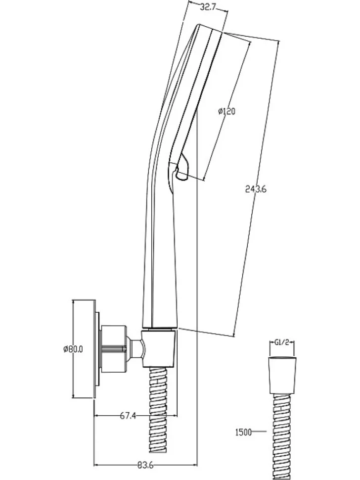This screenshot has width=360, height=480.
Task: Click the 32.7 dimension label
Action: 208,7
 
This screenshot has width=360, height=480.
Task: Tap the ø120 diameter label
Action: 226,111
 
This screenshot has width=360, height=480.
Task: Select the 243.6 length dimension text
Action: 256,189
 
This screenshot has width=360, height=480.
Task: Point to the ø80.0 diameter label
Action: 73,349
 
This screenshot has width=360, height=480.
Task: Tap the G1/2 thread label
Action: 282,342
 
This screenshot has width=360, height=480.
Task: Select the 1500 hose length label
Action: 243,432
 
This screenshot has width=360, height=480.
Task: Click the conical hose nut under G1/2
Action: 282,375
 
